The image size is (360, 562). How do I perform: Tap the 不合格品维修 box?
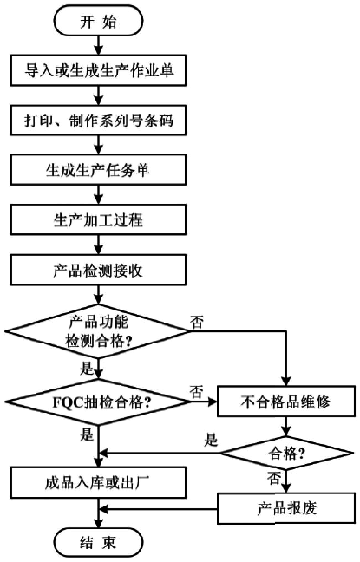[x=285, y=402]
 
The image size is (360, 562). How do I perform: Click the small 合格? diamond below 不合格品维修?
[x=285, y=452]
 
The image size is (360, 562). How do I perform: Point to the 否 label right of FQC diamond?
[x=197, y=391]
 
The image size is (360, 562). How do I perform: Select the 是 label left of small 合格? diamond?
[x=210, y=441]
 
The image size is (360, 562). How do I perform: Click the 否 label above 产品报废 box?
[x=274, y=478]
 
